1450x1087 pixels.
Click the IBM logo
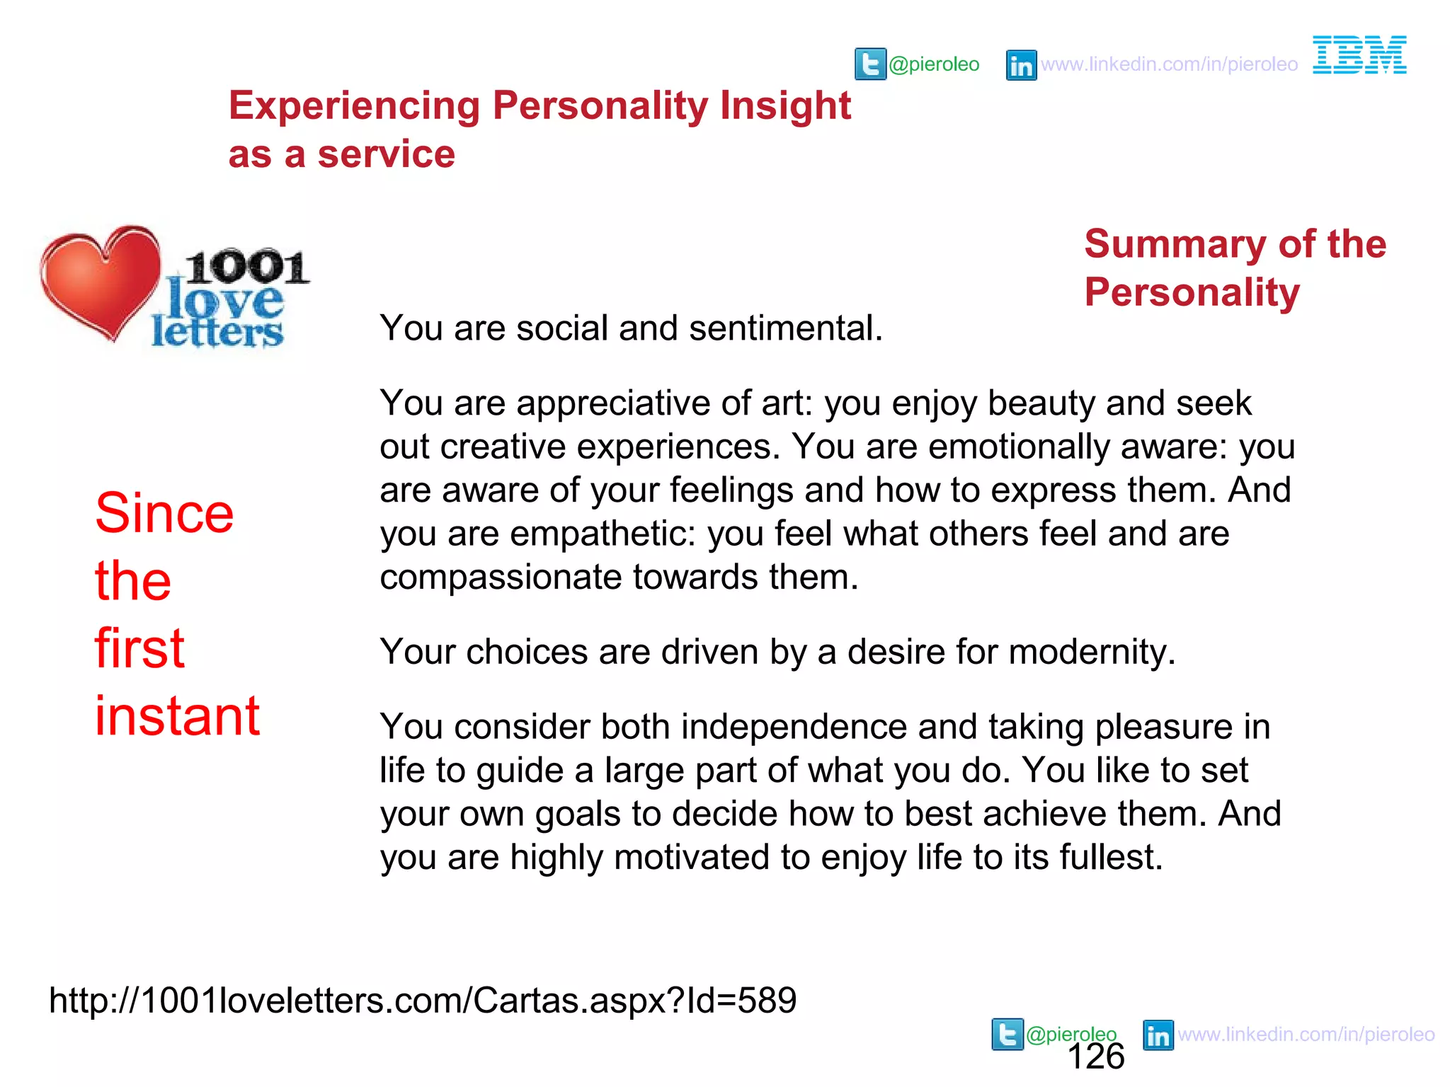click(1359, 55)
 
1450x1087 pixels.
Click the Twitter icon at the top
click(870, 64)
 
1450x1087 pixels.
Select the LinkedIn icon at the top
click(1021, 65)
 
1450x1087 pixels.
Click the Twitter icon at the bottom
click(1007, 1034)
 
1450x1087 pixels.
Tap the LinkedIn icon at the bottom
click(1158, 1035)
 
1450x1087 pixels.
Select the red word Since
click(164, 513)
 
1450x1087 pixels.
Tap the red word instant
click(177, 716)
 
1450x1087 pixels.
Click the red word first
click(139, 648)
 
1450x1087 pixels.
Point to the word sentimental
click(786, 328)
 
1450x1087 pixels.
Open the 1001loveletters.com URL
click(423, 1001)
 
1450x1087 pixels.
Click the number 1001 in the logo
click(246, 268)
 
